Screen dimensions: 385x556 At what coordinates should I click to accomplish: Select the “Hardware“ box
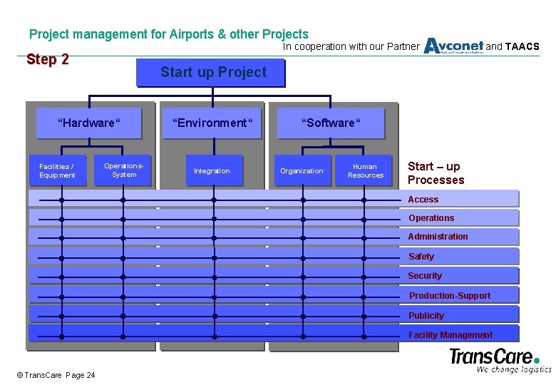point(89,123)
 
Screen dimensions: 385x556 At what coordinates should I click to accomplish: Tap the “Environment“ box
point(212,123)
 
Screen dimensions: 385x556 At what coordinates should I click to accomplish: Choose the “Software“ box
point(331,123)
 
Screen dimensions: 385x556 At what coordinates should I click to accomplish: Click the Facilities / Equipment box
point(57,170)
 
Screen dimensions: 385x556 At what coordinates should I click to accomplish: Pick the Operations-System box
point(123,170)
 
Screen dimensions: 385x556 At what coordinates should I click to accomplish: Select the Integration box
point(212,170)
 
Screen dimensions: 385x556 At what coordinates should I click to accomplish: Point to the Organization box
point(302,170)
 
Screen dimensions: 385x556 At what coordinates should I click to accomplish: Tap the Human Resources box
point(365,170)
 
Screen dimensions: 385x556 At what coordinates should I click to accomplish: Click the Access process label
point(423,200)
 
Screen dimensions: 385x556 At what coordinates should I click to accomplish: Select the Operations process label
point(431,218)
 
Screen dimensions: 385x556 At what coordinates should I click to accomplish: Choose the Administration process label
point(438,237)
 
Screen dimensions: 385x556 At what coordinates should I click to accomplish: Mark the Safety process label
point(421,257)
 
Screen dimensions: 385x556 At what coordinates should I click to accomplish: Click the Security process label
point(425,276)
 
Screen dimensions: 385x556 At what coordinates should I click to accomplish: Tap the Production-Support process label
point(449,296)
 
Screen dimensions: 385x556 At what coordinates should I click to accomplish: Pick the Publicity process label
point(426,316)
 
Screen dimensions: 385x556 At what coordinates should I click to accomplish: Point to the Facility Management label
point(450,335)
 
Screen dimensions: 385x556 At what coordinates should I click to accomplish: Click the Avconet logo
point(453,46)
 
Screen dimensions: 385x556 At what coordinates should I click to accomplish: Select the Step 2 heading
point(47,60)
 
